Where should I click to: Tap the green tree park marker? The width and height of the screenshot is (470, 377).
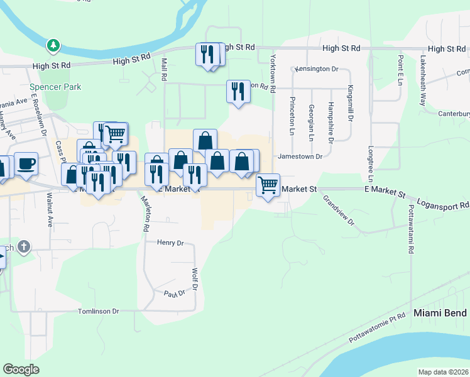[54, 45]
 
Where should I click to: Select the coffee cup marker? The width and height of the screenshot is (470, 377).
[26, 164]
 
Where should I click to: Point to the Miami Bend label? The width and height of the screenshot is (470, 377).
[440, 313]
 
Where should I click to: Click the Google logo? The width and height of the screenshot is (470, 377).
[21, 369]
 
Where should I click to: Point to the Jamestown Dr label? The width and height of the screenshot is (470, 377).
[300, 156]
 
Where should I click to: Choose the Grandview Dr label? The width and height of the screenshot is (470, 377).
[339, 210]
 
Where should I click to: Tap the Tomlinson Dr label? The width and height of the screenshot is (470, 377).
[98, 311]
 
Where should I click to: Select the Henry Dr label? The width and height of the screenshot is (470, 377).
[170, 243]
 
